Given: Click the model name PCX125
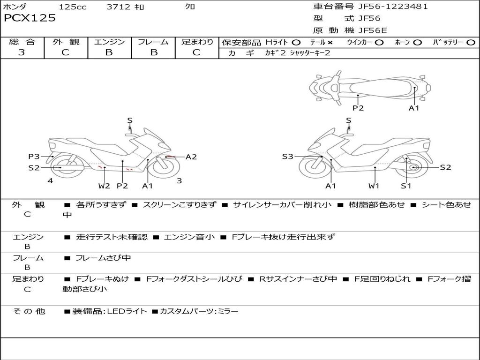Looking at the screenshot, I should point(30,18).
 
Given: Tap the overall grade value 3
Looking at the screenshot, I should point(22,52).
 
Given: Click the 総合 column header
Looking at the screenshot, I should point(22,42).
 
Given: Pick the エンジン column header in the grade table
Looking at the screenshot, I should point(109,42).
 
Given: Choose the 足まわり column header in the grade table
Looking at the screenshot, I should point(197,42).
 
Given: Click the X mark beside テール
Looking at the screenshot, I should point(330,43).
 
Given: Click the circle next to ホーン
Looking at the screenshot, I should point(418,43).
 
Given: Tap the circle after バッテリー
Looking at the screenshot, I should point(471,43).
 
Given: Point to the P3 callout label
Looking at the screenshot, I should point(34,157).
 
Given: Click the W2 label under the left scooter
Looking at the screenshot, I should point(104,186).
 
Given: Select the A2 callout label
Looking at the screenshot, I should point(191,157).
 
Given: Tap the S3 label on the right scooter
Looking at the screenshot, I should point(288,157).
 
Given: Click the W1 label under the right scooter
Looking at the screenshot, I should point(374,186).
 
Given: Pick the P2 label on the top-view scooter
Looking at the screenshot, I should point(358,108).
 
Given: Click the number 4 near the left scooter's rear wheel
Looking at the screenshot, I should point(50,180).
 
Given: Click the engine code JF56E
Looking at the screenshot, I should point(373,30).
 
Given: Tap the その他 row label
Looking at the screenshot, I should point(29,311).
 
